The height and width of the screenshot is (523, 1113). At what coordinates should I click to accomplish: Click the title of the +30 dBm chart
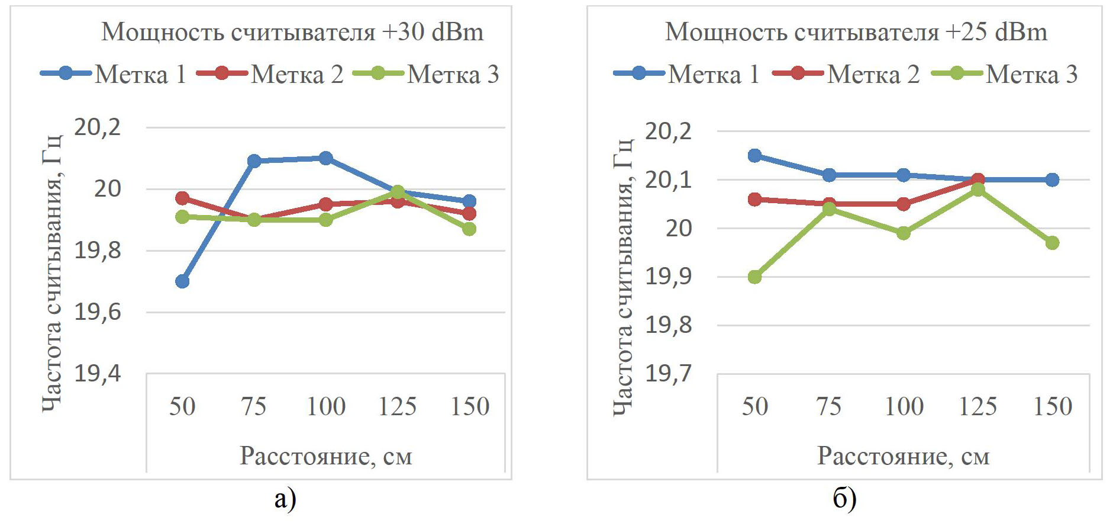click(292, 32)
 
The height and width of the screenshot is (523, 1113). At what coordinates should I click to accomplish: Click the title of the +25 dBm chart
click(856, 32)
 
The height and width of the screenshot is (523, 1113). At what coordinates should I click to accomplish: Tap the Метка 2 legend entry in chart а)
click(270, 74)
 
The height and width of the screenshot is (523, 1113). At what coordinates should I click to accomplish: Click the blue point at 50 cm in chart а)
click(182, 281)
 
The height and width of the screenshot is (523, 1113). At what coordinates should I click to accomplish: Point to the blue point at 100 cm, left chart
click(325, 158)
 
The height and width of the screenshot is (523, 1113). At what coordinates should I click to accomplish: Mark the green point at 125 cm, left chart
click(398, 192)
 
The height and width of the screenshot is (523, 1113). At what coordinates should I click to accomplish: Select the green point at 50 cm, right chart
click(754, 277)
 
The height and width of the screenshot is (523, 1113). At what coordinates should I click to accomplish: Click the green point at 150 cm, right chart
click(1052, 243)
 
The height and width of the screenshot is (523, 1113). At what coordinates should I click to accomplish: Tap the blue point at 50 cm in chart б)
click(754, 156)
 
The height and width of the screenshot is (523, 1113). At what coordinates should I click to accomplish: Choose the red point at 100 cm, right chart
click(903, 204)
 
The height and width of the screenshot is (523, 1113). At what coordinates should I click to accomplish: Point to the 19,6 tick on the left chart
click(97, 312)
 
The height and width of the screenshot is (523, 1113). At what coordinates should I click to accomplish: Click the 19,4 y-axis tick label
click(97, 374)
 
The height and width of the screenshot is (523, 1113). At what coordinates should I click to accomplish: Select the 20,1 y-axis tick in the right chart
click(668, 179)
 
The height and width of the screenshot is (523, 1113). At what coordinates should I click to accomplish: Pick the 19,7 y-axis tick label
click(668, 374)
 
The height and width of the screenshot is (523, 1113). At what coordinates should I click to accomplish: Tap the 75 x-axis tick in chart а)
click(254, 406)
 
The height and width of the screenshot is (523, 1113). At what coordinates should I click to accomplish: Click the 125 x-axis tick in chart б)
click(977, 406)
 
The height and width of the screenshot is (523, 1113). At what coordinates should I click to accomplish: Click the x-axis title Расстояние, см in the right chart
click(903, 456)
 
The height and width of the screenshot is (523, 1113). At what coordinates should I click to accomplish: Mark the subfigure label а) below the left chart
click(285, 499)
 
